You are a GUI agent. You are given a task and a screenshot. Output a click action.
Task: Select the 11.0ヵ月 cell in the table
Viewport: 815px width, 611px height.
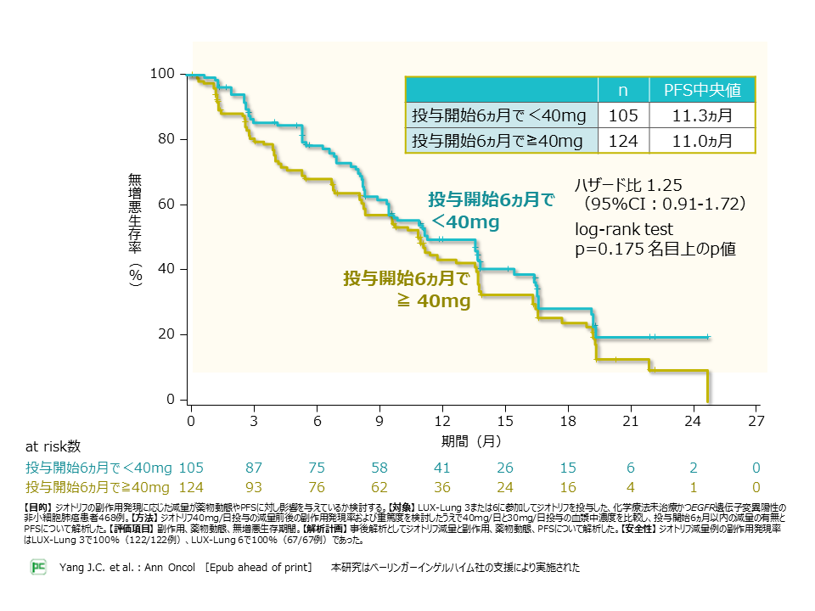701,141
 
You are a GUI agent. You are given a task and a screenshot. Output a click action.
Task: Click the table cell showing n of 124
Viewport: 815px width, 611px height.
622,141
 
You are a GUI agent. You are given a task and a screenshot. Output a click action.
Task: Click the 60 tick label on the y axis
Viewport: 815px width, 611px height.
166,205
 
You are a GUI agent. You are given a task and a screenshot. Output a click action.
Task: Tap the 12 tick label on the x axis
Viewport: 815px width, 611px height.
442,420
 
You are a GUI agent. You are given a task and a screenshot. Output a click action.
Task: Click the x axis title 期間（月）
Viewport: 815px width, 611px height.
472,441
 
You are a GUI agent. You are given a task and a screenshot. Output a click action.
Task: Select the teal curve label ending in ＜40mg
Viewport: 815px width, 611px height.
491,210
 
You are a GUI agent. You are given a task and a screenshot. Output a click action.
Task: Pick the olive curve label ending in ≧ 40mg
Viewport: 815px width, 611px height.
407,289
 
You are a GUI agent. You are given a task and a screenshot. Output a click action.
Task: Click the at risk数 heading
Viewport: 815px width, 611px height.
53,446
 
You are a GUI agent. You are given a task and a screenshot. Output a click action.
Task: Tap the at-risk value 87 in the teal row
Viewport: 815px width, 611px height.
254,468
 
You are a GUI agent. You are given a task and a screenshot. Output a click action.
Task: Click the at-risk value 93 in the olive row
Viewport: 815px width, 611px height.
254,487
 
